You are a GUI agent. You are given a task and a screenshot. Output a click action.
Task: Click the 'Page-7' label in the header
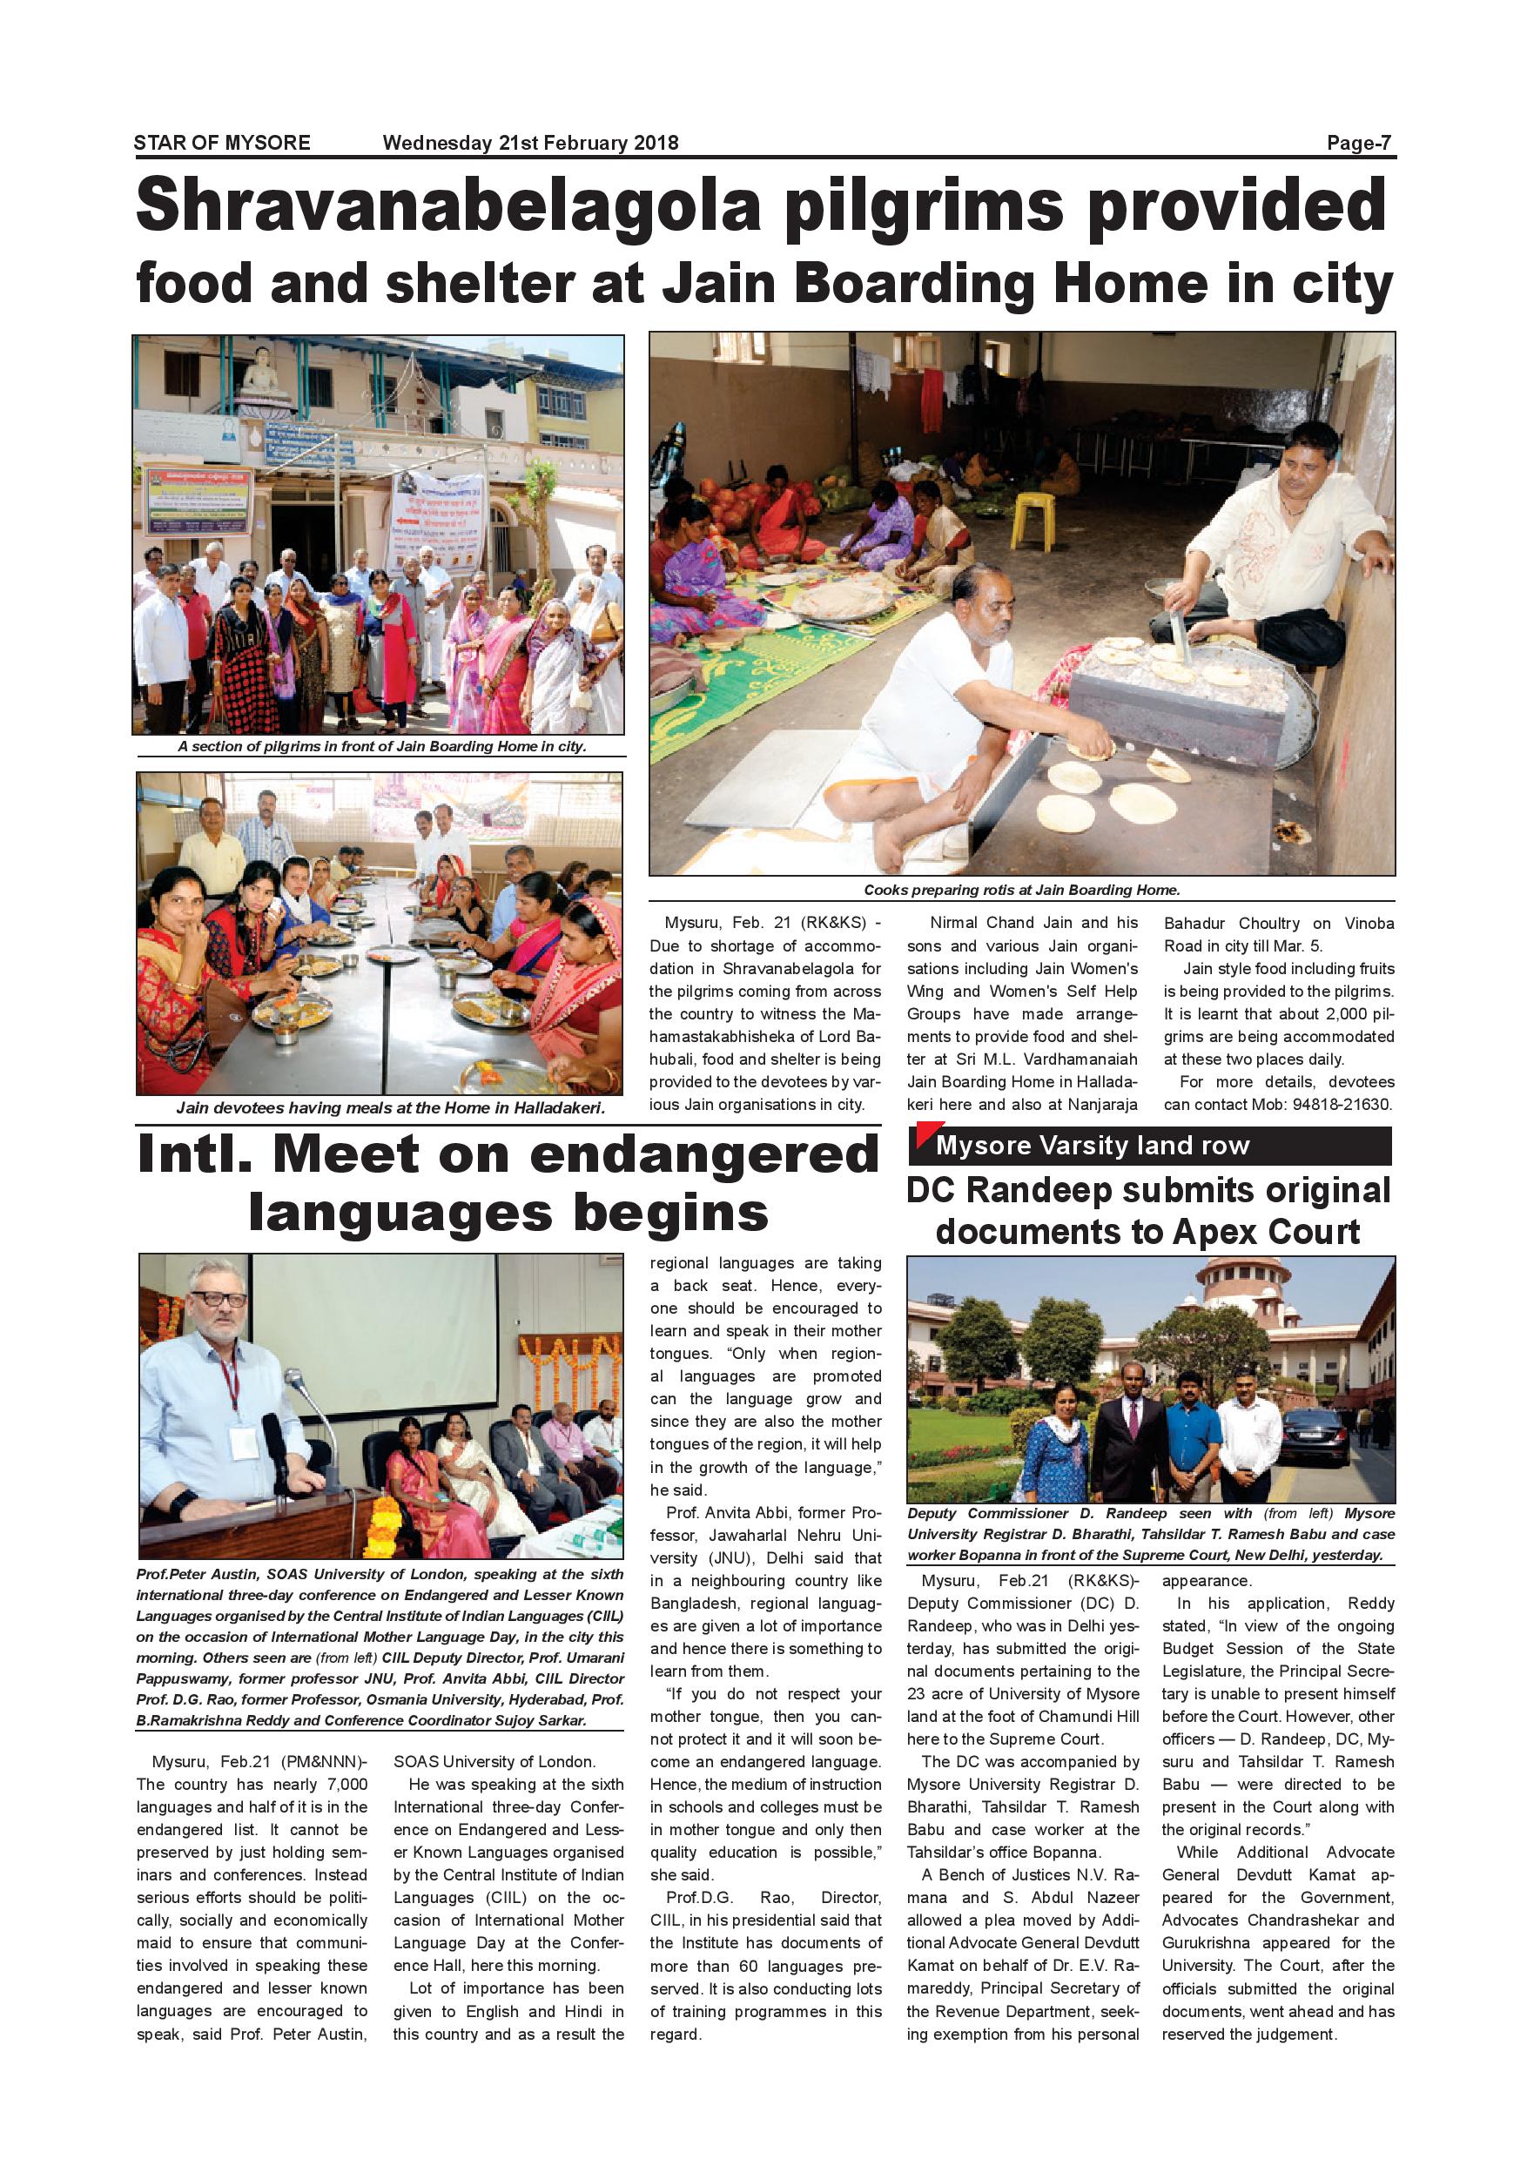[x=1358, y=143]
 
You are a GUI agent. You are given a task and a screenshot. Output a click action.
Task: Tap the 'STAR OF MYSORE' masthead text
[x=222, y=143]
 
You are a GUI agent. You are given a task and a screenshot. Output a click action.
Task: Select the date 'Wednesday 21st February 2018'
[x=530, y=143]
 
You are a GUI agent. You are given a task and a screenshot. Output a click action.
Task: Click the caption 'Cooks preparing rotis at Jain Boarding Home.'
[x=1021, y=890]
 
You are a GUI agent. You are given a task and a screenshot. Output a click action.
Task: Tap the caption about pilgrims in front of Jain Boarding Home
[x=380, y=747]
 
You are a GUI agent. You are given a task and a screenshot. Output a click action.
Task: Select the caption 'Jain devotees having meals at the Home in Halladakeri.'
[x=389, y=1107]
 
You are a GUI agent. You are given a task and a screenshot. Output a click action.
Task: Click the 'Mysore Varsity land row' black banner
[x=1149, y=1146]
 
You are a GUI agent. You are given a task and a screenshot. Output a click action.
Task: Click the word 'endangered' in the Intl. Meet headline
[x=703, y=1155]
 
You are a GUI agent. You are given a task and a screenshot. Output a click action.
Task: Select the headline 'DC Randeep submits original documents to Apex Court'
[x=1148, y=1211]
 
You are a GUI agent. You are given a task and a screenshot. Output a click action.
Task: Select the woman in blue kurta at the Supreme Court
[x=1057, y=1436]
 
